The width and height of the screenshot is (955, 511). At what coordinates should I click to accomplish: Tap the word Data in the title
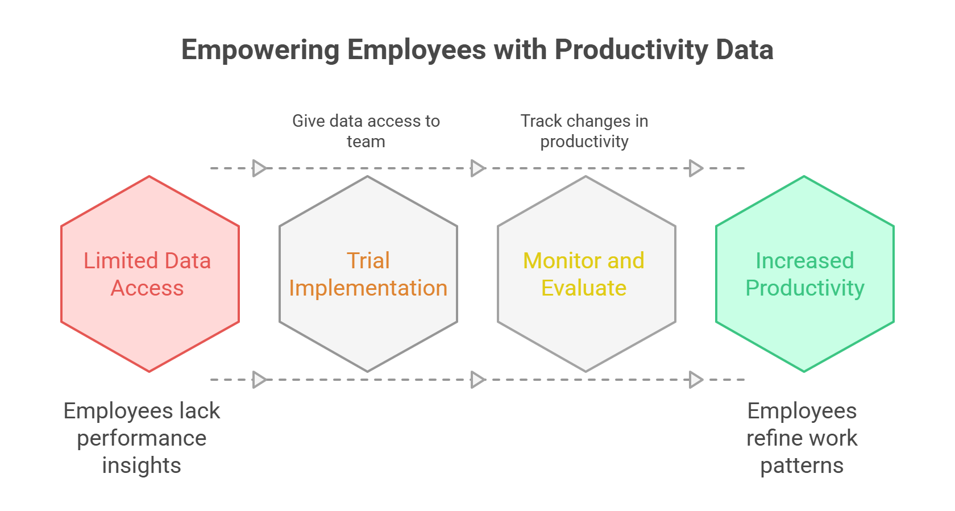click(x=744, y=50)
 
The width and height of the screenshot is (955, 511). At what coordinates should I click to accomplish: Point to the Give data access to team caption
click(x=366, y=131)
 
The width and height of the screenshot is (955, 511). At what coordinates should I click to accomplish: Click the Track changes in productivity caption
click(x=584, y=131)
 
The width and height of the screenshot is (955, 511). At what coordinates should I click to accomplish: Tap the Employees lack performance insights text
click(x=142, y=438)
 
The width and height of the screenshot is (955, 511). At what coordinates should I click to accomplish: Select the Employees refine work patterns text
click(x=802, y=438)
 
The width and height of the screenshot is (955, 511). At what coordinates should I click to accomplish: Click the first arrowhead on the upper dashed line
click(x=259, y=168)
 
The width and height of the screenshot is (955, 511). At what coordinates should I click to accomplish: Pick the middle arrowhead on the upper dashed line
click(x=477, y=168)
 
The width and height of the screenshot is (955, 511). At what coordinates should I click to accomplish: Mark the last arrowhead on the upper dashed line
click(x=696, y=168)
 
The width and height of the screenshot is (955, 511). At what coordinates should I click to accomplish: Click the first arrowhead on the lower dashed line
click(x=259, y=380)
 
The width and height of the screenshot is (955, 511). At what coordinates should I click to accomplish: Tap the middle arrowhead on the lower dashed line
click(x=477, y=380)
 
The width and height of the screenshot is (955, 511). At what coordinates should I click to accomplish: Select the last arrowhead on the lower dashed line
click(x=696, y=380)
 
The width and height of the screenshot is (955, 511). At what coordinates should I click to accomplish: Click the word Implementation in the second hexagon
click(x=368, y=288)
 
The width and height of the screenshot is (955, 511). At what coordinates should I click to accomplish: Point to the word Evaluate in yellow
click(x=584, y=288)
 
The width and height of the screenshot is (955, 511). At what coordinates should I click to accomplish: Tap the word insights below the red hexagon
click(x=142, y=466)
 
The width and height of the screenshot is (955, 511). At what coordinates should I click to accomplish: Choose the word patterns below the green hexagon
click(x=802, y=466)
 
